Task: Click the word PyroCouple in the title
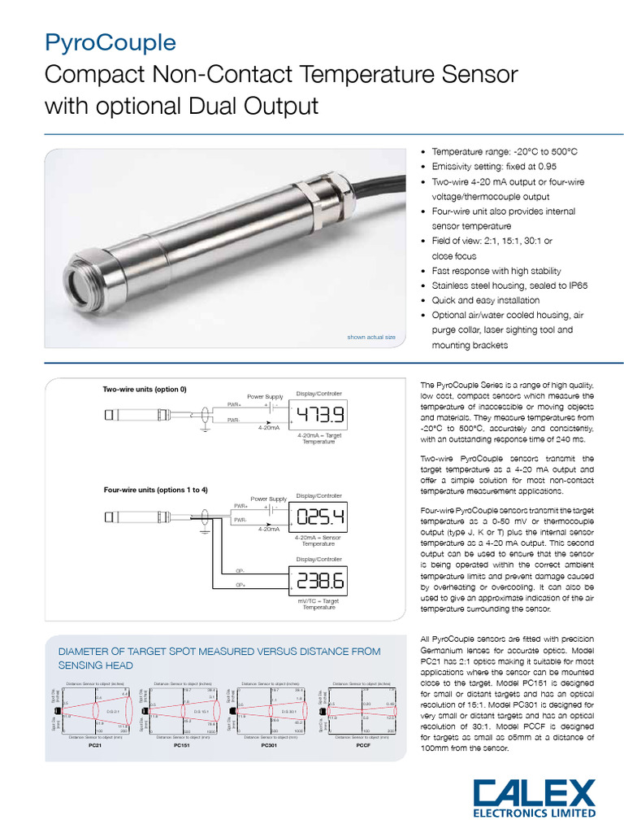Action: point(110,43)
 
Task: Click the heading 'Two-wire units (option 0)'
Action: point(145,389)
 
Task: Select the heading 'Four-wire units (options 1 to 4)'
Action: point(155,490)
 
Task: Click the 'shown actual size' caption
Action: point(371,337)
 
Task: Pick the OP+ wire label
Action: point(240,585)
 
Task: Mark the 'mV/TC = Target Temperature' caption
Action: point(318,604)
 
